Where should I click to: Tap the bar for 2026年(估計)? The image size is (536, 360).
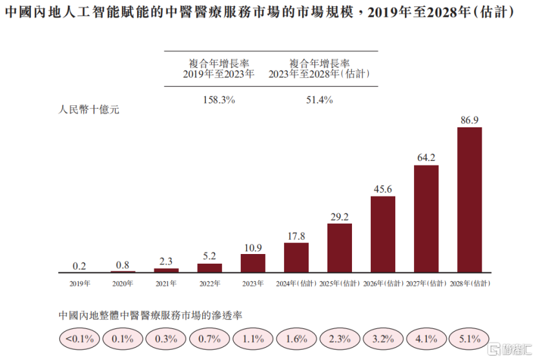[x=383, y=234]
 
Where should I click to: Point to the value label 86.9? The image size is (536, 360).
[x=469, y=120]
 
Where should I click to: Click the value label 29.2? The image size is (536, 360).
[x=340, y=216]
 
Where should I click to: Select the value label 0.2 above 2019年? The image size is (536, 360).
[x=79, y=266]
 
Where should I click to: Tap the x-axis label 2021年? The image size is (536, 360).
[x=167, y=283]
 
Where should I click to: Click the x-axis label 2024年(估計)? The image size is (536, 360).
[x=296, y=283]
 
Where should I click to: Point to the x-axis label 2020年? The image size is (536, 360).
[x=123, y=283]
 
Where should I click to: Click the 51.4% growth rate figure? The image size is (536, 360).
[x=319, y=100]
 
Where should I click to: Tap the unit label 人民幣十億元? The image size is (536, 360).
[x=89, y=109]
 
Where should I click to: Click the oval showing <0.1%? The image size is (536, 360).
[x=79, y=338]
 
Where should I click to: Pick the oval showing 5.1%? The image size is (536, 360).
[x=469, y=338]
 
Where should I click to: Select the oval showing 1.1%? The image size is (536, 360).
[x=253, y=338]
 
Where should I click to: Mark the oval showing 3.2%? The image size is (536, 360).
[x=383, y=338]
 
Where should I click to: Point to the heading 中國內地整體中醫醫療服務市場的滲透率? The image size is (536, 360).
[x=150, y=315]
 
